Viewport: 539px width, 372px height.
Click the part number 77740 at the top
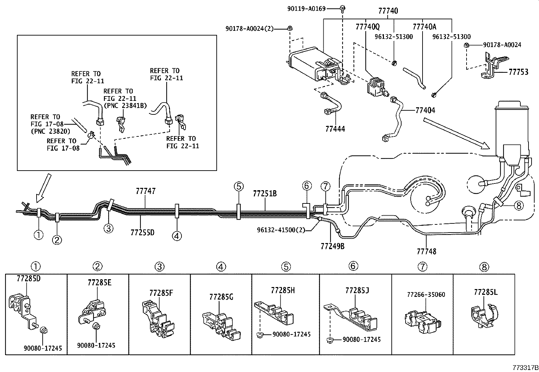[388, 11]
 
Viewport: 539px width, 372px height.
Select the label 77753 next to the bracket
[518, 72]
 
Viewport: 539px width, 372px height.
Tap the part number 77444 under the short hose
[335, 129]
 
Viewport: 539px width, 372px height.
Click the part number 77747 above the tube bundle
[146, 191]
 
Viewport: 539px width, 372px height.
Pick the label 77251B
[265, 194]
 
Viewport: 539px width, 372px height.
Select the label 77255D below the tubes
[142, 232]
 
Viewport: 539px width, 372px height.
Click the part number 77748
[427, 251]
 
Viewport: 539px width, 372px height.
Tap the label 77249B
[332, 246]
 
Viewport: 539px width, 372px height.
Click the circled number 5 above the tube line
[238, 187]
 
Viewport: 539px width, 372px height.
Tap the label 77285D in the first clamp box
[28, 279]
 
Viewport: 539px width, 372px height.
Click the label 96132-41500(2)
[281, 230]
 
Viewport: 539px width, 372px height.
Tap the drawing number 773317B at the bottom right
[524, 367]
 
